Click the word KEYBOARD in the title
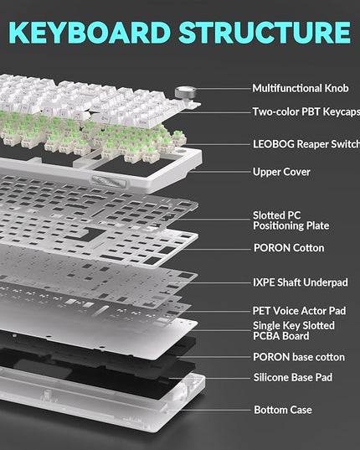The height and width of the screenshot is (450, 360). coord(90,32)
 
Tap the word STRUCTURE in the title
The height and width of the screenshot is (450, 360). coord(265,32)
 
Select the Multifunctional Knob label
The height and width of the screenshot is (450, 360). coord(301,88)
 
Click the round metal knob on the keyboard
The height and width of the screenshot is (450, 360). coord(186,93)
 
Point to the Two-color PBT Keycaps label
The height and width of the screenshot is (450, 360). coord(306,111)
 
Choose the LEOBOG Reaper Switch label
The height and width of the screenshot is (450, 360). coord(306,144)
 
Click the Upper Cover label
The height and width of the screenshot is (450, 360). coord(281,172)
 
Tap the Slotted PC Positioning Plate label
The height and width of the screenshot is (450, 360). coord(291,220)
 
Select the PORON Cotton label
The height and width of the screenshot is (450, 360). coord(289,248)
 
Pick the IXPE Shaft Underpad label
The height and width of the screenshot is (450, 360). coord(301,282)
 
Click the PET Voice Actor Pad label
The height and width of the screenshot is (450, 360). coord(299,311)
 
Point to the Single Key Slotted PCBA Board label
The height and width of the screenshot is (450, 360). coord(294,331)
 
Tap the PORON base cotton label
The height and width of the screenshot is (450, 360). coord(299,357)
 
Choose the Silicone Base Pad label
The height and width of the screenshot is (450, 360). coord(293,377)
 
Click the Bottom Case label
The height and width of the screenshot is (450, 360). coord(283,410)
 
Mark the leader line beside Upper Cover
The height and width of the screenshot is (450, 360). coord(221,172)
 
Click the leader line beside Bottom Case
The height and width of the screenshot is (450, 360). coord(211,410)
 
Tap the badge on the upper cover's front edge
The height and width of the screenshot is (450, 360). coord(108,181)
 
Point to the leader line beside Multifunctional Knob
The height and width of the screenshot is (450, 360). coord(223,89)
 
